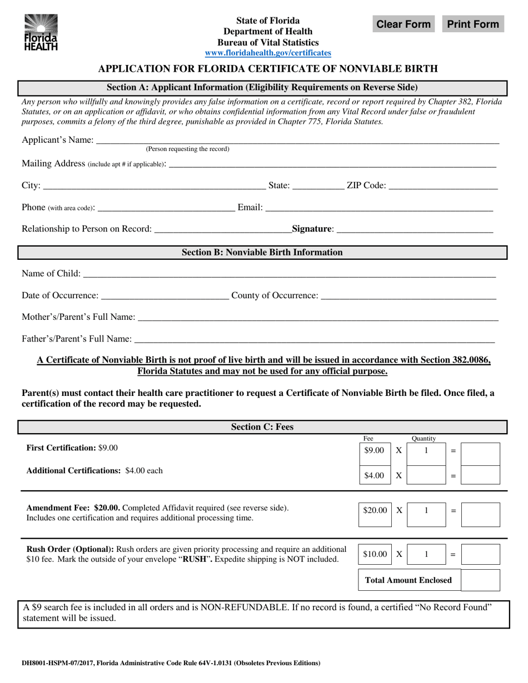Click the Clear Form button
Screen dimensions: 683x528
pyautogui.click(x=404, y=24)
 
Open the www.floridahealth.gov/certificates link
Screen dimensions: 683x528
pyautogui.click(x=268, y=53)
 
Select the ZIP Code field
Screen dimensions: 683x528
pyautogui.click(x=442, y=185)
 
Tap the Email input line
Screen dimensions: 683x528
pyautogui.click(x=379, y=207)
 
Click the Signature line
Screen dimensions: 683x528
pyautogui.click(x=415, y=228)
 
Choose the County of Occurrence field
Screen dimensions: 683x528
pyautogui.click(x=409, y=295)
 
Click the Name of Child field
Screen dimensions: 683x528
pyautogui.click(x=288, y=273)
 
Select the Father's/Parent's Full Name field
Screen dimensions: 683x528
pyautogui.click(x=314, y=338)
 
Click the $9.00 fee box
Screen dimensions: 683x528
pyautogui.click(x=373, y=451)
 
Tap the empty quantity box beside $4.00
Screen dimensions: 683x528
pyautogui.click(x=426, y=475)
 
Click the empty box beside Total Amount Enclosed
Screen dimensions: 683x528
pyautogui.click(x=480, y=580)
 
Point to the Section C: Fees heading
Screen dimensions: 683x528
pyautogui.click(x=262, y=427)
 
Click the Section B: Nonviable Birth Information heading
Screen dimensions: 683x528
pyautogui.click(x=262, y=253)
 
